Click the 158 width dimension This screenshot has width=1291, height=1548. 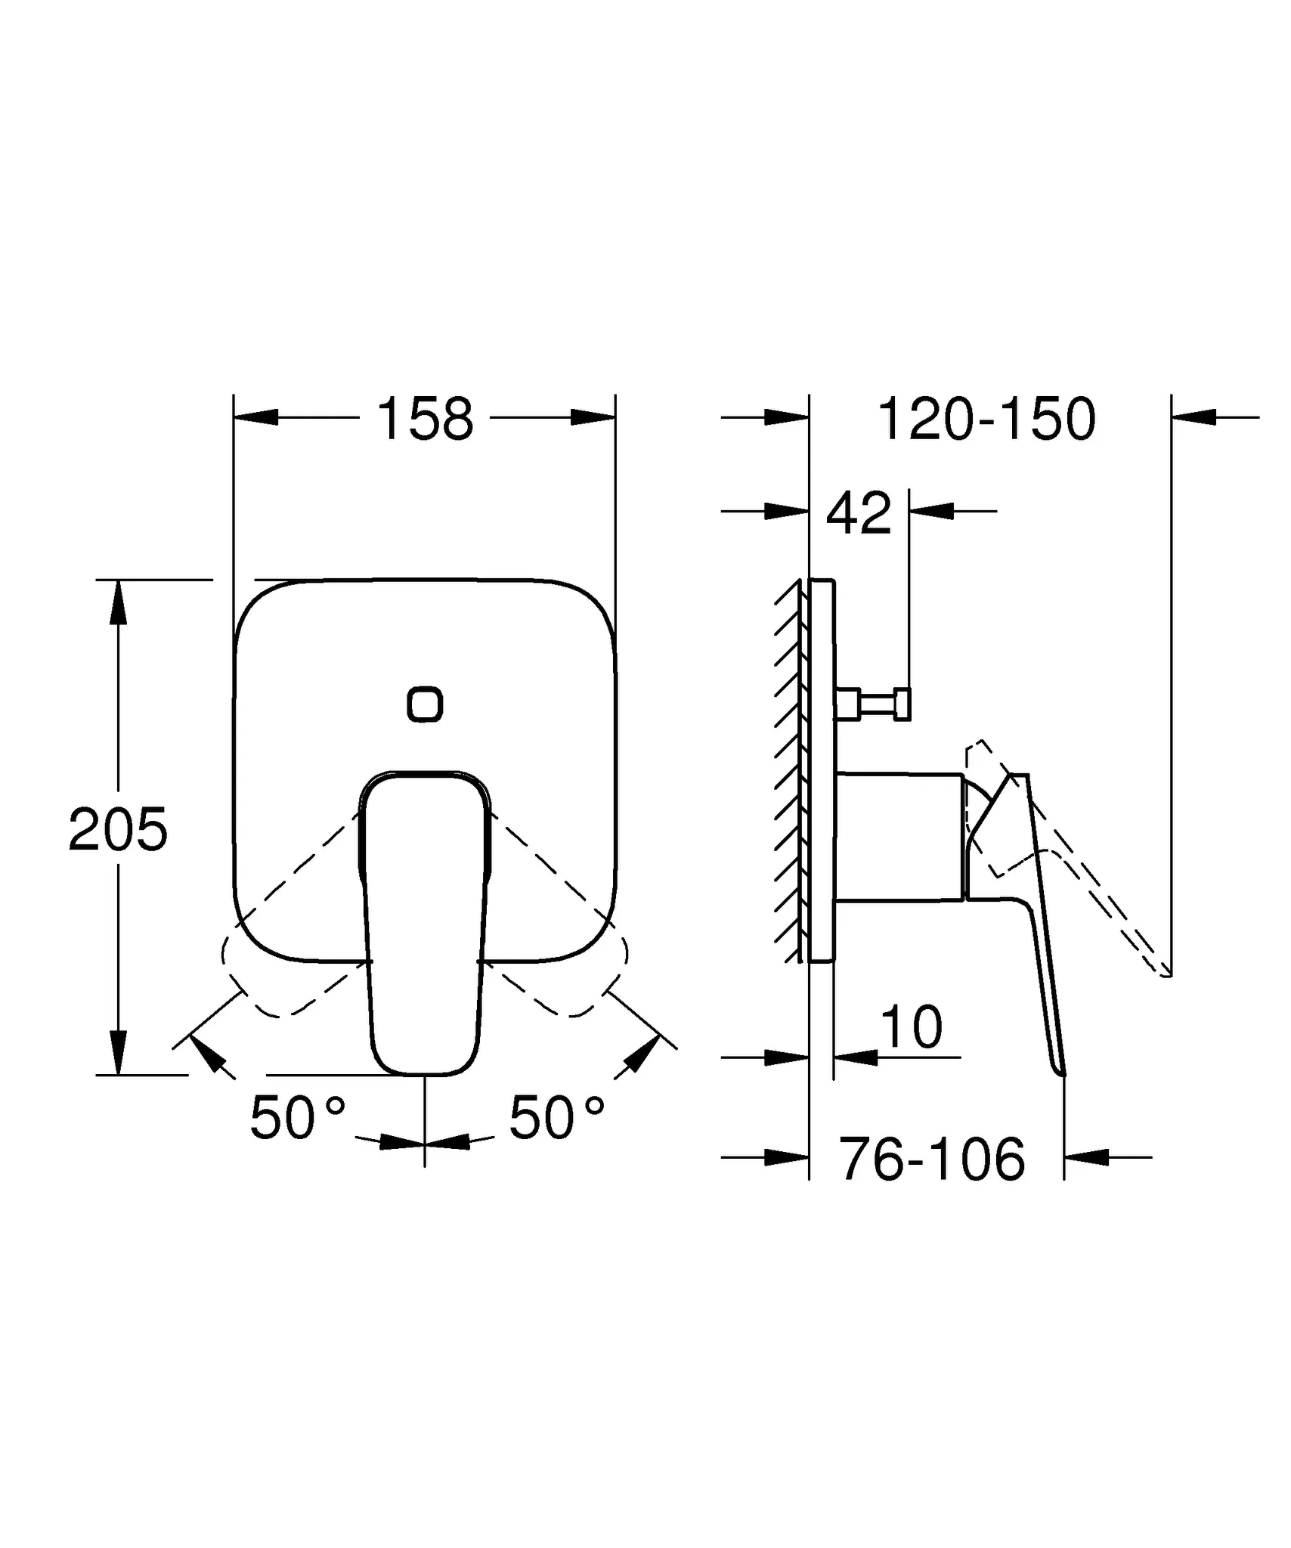click(x=425, y=420)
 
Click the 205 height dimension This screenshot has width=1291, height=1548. click(x=118, y=830)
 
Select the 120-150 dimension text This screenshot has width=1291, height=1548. click(x=986, y=420)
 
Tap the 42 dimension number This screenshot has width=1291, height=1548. click(x=859, y=513)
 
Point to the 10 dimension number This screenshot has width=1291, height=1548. click(x=912, y=1027)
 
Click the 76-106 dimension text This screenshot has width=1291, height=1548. click(x=932, y=1159)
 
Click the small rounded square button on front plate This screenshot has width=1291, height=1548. click(x=425, y=704)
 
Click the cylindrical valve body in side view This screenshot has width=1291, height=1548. click(x=899, y=837)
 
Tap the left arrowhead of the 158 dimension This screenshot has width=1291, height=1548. click(x=255, y=417)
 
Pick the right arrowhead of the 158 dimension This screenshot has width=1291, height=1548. click(x=593, y=417)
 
